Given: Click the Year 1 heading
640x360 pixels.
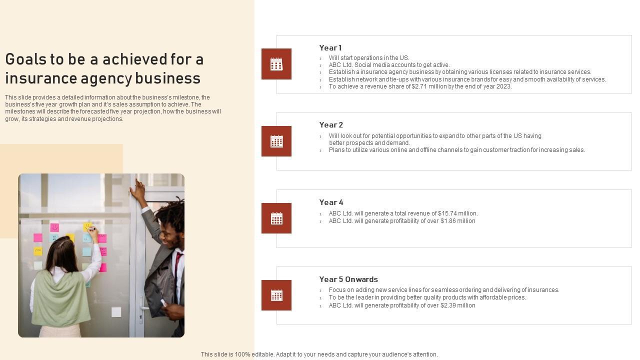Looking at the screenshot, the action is click(x=330, y=47).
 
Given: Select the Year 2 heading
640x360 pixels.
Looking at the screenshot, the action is click(x=331, y=125).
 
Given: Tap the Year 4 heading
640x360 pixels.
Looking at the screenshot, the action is click(x=331, y=202).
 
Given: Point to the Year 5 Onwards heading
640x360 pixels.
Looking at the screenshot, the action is click(x=348, y=279).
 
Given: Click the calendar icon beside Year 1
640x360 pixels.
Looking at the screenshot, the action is click(x=276, y=64).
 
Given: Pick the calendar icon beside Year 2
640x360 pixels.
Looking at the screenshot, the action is click(x=276, y=141).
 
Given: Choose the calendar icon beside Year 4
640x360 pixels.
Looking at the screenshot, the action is click(x=276, y=218).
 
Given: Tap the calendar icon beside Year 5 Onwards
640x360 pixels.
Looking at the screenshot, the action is click(x=276, y=295).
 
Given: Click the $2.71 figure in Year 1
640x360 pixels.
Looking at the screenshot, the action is click(x=419, y=86).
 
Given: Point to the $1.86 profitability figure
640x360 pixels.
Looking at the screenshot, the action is click(x=448, y=221).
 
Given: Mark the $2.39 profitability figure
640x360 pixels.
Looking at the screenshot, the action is click(x=448, y=305).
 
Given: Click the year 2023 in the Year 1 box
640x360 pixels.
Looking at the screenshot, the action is click(x=503, y=86).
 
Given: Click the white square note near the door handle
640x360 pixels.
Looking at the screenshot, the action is click(x=116, y=312).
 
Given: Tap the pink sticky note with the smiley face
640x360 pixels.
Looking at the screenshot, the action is click(x=54, y=227).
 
